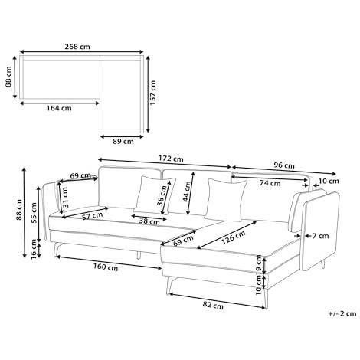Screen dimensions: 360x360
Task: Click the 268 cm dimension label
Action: click(x=77, y=47)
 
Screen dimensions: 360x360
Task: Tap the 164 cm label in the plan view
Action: click(x=59, y=108)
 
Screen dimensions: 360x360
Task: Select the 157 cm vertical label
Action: click(x=152, y=93)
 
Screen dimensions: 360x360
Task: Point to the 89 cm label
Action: click(x=123, y=141)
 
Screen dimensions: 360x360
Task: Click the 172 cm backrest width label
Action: click(x=171, y=159)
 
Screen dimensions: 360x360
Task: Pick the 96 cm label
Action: click(x=284, y=165)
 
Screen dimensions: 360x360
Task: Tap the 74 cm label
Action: click(x=270, y=183)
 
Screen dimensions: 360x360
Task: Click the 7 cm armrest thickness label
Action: click(x=321, y=236)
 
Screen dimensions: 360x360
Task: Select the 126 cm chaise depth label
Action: click(x=233, y=237)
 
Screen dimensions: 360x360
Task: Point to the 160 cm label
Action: click(x=106, y=267)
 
